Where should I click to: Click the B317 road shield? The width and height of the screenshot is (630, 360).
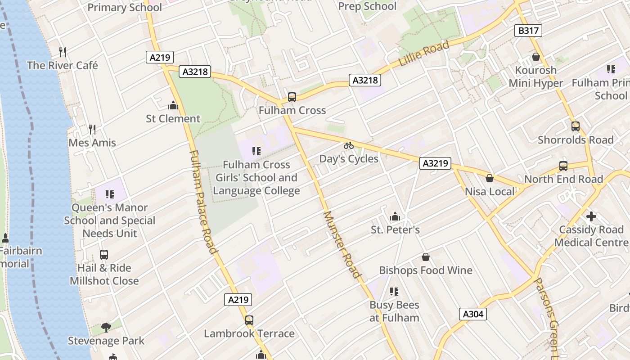[528, 31]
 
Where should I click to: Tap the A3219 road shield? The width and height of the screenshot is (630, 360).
[436, 163]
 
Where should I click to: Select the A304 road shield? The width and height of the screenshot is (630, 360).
[473, 314]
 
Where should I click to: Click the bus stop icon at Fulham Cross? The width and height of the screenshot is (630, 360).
[292, 97]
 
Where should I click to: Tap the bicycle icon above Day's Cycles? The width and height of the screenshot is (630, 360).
[349, 145]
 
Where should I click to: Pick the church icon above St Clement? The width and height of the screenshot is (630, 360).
[173, 106]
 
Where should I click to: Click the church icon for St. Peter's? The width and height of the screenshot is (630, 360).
[395, 217]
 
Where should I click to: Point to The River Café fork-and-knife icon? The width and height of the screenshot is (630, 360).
[63, 52]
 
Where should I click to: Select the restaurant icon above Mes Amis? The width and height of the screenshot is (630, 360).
[92, 130]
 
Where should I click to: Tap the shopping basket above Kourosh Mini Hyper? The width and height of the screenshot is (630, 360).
[535, 57]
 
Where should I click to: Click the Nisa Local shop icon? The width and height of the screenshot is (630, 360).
[490, 178]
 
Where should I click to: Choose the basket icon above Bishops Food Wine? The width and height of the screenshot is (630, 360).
[426, 257]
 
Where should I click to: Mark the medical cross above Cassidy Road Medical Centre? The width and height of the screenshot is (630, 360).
[591, 216]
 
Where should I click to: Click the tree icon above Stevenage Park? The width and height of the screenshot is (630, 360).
[106, 327]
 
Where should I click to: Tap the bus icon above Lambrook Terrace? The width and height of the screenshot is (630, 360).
[249, 320]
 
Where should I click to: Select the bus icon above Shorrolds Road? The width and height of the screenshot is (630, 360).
[576, 126]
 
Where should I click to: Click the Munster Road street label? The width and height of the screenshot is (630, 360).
[342, 244]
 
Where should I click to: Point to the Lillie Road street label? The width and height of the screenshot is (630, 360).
[424, 54]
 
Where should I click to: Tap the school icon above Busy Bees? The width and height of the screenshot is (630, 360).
[394, 292]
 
